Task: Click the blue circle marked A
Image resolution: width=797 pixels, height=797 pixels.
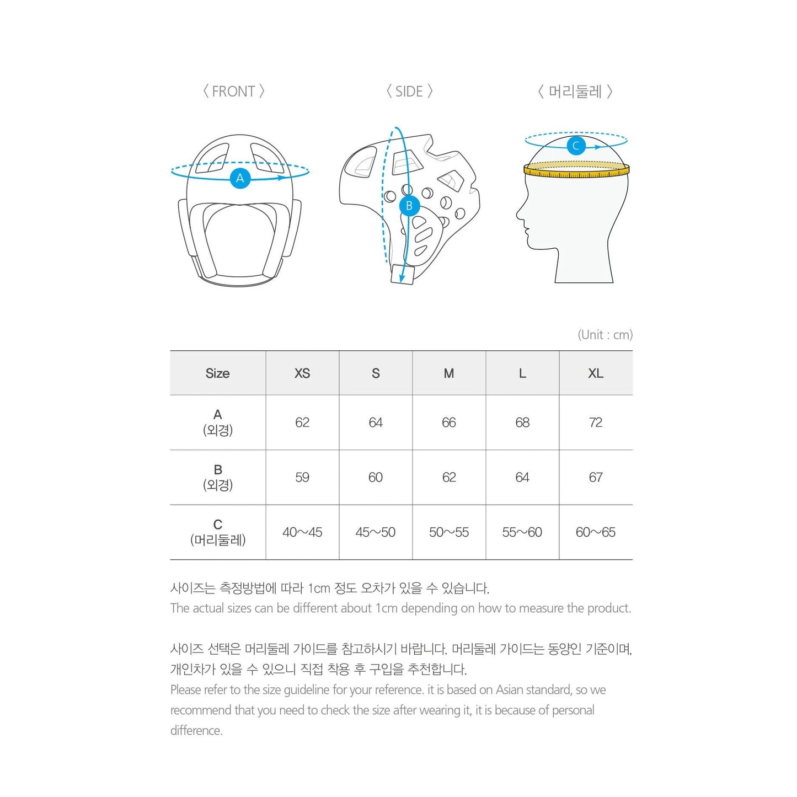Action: click(240, 178)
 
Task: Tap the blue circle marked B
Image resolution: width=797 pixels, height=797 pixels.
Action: click(409, 206)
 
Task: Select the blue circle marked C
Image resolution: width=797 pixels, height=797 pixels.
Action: click(576, 146)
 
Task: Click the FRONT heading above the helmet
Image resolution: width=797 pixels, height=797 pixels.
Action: click(233, 92)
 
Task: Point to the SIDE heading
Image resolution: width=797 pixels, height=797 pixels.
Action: click(409, 92)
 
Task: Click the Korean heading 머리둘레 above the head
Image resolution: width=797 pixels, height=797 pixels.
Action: click(575, 92)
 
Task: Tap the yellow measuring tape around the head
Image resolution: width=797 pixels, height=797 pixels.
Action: click(576, 171)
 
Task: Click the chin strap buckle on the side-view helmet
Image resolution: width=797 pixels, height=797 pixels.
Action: click(402, 274)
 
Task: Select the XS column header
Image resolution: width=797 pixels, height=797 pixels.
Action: click(302, 373)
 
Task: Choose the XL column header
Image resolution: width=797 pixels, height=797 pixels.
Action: click(596, 373)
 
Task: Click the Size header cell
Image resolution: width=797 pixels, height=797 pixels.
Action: click(217, 373)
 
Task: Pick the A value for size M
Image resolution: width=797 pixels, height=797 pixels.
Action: click(449, 422)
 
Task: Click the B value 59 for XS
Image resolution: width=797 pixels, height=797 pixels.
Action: click(302, 477)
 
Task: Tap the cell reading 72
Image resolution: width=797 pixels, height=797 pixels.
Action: click(596, 422)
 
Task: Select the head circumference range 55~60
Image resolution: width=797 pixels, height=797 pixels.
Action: click(522, 532)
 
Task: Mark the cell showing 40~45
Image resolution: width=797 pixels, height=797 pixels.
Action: click(302, 532)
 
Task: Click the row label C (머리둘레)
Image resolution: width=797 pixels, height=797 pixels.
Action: click(217, 532)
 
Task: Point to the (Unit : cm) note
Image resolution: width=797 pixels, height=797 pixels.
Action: click(605, 335)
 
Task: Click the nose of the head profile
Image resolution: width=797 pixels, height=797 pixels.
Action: click(519, 213)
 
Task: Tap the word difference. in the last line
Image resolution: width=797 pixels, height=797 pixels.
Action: click(196, 731)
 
